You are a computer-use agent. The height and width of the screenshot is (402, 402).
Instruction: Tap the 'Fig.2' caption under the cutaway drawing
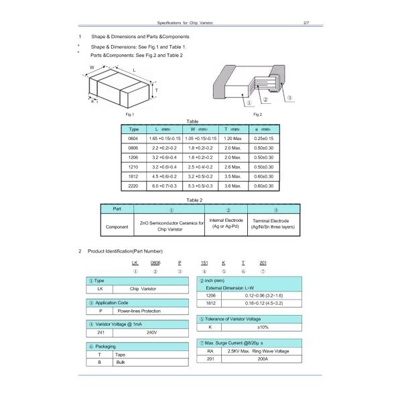point(257,115)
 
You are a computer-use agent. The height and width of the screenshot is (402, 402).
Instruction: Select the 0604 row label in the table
point(133,137)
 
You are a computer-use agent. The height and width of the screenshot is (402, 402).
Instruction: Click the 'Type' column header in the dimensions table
point(133,128)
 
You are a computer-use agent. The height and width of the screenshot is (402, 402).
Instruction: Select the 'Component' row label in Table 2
point(117,226)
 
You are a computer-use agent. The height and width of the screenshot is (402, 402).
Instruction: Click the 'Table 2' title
point(194,200)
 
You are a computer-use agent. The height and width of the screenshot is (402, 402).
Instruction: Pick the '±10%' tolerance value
point(262,327)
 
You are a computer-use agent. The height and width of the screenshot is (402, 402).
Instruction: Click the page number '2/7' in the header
point(306,22)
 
